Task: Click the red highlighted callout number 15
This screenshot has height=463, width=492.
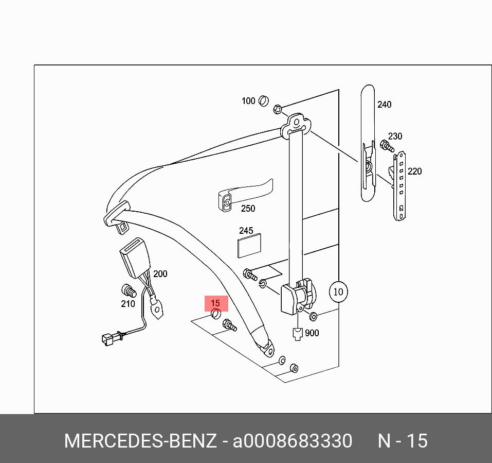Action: coord(215,303)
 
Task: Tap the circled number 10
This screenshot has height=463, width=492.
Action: coord(338,292)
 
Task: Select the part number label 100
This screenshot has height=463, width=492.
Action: coord(248,101)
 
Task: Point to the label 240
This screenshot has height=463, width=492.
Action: coord(384,105)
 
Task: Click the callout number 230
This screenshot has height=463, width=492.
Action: coord(395,136)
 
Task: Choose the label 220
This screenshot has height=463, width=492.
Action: coord(414,171)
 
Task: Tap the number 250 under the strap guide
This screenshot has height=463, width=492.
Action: coord(248,209)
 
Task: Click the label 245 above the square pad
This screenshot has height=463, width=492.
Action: coord(246,231)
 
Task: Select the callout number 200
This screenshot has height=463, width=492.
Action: coord(160,274)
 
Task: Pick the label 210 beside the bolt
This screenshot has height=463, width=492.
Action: coord(127,304)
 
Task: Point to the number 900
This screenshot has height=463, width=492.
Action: coord(312,333)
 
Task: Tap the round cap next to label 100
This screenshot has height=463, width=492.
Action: coord(264,100)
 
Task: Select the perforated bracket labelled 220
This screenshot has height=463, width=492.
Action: coord(399,185)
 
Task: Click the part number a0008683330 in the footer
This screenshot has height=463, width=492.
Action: coord(293,441)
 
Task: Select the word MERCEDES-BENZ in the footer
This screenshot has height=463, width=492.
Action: coord(140,441)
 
